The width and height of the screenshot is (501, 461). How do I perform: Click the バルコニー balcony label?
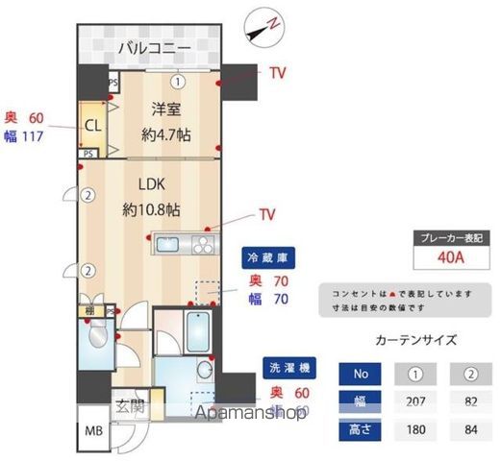(x=154, y=47)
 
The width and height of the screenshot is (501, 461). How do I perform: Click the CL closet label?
(x=93, y=125)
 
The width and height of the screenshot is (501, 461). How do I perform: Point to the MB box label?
(x=93, y=431)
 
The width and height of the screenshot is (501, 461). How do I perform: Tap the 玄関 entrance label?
(x=130, y=406)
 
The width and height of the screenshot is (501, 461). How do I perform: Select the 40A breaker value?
(x=450, y=257)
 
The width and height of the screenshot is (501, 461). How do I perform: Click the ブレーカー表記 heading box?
(x=450, y=237)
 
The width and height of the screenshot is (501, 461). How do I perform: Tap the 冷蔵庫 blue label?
(x=267, y=257)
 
